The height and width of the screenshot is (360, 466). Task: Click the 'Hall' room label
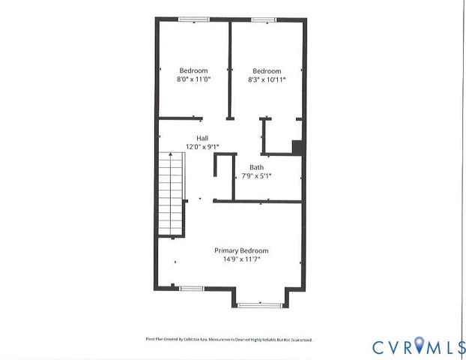pos(202,138)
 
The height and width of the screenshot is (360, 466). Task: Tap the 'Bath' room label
pos(256,167)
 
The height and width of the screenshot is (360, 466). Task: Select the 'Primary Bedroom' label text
pos(241,250)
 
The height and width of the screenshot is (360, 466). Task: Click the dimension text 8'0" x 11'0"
pos(193,79)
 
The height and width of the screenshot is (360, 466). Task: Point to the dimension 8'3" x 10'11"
pos(267,79)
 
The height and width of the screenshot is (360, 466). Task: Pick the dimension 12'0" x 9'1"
pos(202,147)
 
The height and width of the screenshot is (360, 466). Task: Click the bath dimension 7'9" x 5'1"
pos(256,176)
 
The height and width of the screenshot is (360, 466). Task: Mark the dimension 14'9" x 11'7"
pos(241,259)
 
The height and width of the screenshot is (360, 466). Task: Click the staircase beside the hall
pos(171,193)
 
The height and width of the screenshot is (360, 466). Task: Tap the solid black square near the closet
pos(297,147)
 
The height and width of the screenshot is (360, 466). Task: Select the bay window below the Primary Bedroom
pos(259,304)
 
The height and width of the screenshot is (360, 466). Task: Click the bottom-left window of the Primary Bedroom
pos(191,288)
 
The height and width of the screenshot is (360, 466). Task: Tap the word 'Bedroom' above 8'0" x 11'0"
pos(193,70)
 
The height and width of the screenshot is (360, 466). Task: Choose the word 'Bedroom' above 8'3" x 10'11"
pos(267,70)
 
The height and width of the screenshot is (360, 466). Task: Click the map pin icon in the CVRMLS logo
pos(423,346)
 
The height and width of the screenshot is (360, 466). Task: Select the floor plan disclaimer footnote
pos(223,340)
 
